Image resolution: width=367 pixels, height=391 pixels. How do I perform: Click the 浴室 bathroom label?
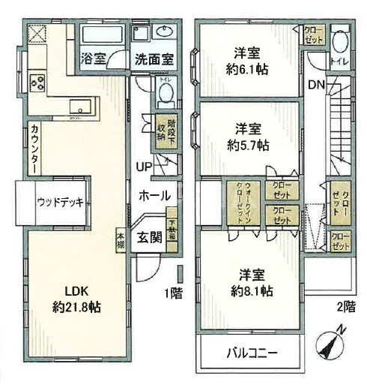94,57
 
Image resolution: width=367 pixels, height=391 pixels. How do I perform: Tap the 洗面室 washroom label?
154,57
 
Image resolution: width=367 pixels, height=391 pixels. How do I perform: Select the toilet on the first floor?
166,93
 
